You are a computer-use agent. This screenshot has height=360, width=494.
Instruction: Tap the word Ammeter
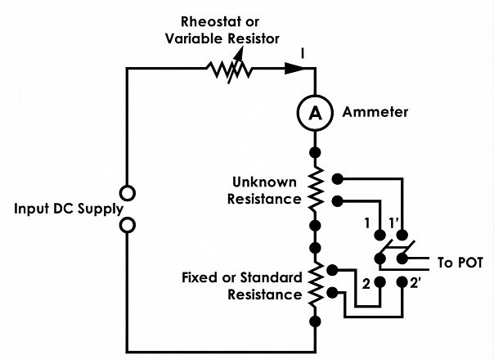pyautogui.click(x=375, y=112)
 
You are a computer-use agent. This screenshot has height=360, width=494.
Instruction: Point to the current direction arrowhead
pyautogui.click(x=294, y=69)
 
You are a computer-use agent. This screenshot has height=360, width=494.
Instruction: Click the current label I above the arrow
pyautogui.click(x=303, y=53)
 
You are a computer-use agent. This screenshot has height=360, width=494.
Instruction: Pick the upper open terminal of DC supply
pyautogui.click(x=128, y=193)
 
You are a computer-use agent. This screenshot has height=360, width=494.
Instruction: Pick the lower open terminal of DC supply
pyautogui.click(x=128, y=225)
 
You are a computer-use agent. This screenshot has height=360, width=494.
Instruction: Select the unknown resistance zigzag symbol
pyautogui.click(x=315, y=189)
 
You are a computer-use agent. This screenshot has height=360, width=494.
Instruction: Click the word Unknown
pyautogui.click(x=264, y=182)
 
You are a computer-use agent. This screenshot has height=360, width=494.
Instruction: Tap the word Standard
pyautogui.click(x=272, y=277)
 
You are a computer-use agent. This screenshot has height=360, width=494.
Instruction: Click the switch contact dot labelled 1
pyautogui.click(x=380, y=235)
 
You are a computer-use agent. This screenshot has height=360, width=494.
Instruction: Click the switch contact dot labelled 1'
pyautogui.click(x=402, y=235)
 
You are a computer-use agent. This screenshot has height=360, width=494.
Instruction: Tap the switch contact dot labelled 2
pyautogui.click(x=380, y=281)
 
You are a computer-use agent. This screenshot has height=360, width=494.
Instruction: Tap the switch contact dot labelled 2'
pyautogui.click(x=402, y=281)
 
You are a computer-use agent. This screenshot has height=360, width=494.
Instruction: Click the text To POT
pyautogui.click(x=460, y=263)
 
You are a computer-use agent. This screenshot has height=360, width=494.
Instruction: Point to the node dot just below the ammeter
pyautogui.click(x=315, y=152)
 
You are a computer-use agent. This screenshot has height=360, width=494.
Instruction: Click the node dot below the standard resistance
pyautogui.click(x=315, y=322)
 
